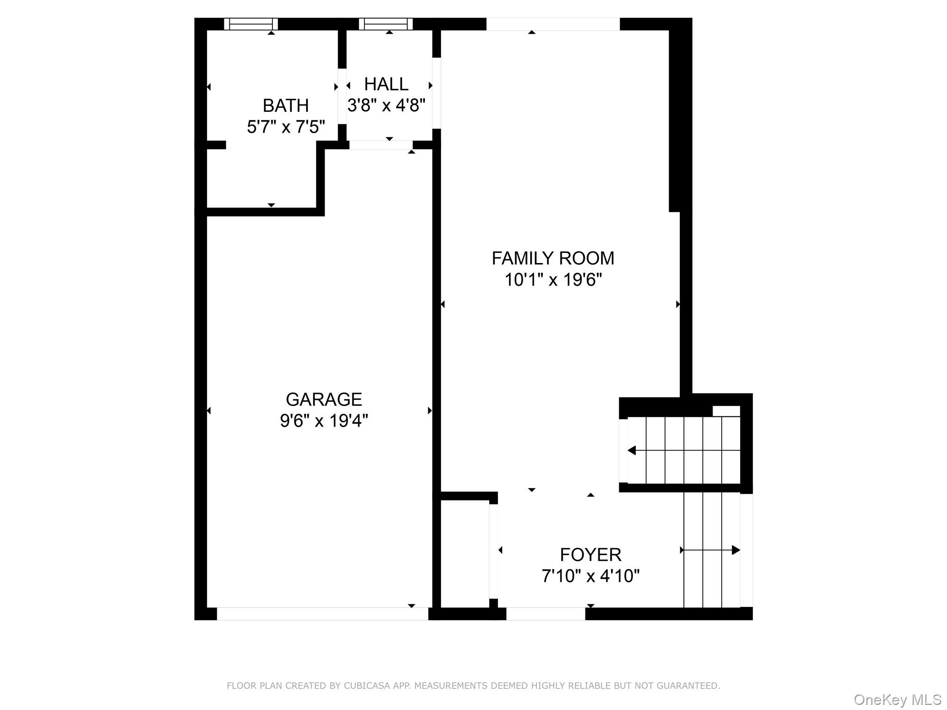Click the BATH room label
tap(285, 106)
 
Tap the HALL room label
tap(386, 84)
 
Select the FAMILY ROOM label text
tap(553, 258)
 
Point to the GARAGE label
tap(324, 399)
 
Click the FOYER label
tap(590, 555)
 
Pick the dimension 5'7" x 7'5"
tap(286, 127)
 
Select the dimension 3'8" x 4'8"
tap(386, 105)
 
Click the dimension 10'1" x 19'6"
tap(553, 280)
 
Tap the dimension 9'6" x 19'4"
tap(324, 421)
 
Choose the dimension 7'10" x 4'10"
tap(590, 576)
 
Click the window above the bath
tap(251, 24)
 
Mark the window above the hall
tap(386, 24)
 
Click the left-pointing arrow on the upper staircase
tap(632, 450)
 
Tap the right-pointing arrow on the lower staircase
tap(735, 550)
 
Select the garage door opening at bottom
tap(322, 614)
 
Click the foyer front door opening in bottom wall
tap(546, 614)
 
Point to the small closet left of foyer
tap(464, 553)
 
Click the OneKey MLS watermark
tap(897, 700)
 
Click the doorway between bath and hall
tap(342, 96)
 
